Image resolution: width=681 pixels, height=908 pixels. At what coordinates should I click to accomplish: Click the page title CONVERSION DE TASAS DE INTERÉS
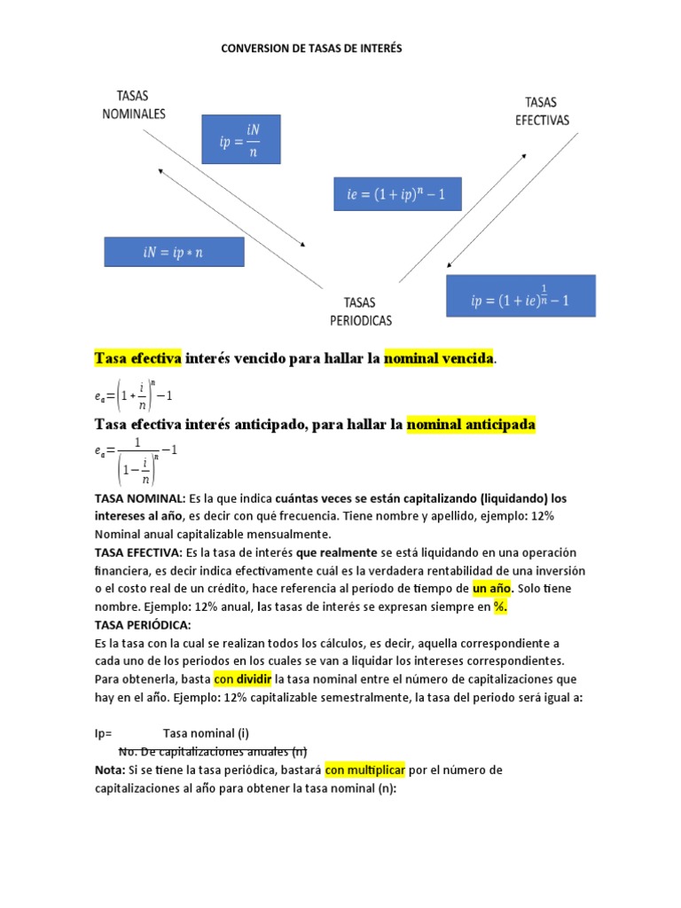(x=311, y=49)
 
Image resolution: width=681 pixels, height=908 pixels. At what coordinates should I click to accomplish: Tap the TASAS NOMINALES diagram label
(x=134, y=105)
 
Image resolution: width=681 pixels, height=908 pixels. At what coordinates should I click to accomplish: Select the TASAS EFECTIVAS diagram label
(x=542, y=111)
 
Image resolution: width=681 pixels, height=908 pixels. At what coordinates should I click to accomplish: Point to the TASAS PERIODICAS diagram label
(x=361, y=311)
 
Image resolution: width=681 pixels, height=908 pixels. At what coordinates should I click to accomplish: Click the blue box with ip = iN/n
(x=240, y=138)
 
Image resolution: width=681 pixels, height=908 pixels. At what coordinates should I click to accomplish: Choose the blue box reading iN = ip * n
(x=174, y=252)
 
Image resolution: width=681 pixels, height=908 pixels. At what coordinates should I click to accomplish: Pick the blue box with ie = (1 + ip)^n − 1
(x=397, y=192)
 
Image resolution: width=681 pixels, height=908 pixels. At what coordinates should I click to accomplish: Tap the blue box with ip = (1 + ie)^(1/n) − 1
(x=521, y=296)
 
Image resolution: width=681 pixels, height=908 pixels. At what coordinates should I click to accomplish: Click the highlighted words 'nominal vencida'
(x=438, y=358)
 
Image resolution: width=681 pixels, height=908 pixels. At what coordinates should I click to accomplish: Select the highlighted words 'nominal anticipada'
(x=471, y=425)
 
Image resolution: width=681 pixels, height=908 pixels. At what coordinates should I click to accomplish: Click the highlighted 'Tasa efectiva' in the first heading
(x=137, y=358)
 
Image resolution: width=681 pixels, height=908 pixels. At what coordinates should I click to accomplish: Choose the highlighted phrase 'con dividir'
(x=242, y=678)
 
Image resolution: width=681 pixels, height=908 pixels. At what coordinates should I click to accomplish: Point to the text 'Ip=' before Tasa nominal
(x=104, y=733)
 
